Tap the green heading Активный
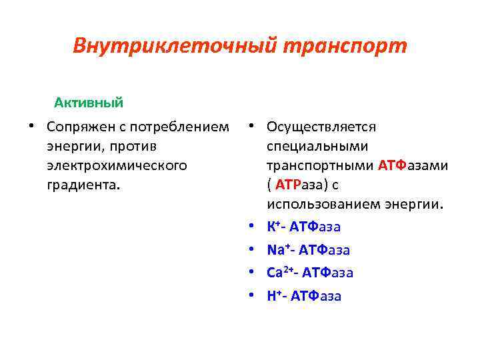click(x=89, y=103)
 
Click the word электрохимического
click(x=117, y=164)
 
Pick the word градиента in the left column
click(x=83, y=183)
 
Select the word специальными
click(x=309, y=145)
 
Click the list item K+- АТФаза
click(x=303, y=227)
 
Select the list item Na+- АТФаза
click(x=308, y=250)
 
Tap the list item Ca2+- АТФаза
click(x=310, y=273)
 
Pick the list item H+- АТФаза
click(x=304, y=296)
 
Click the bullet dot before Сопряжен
click(x=31, y=127)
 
